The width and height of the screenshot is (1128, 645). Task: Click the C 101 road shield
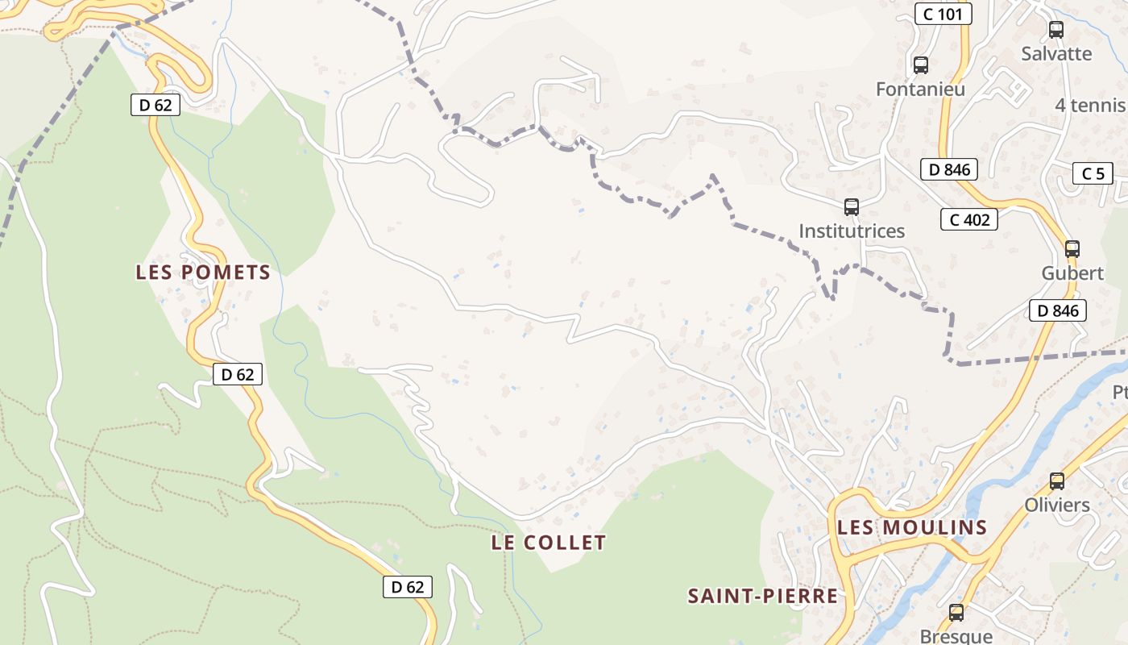click(943, 14)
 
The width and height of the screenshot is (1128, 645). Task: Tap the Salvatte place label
click(1056, 54)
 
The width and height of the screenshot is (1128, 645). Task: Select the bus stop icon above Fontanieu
click(920, 65)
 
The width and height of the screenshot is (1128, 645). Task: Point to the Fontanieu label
click(920, 89)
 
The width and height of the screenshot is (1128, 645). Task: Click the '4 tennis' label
click(1090, 106)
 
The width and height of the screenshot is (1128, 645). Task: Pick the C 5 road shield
click(1093, 173)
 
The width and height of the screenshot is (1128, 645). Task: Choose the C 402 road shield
click(969, 219)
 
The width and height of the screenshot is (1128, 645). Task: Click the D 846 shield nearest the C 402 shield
click(948, 169)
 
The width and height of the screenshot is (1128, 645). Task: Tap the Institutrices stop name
click(852, 231)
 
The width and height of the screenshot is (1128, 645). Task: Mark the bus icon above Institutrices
click(852, 206)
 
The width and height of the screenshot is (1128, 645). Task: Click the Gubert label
click(1072, 273)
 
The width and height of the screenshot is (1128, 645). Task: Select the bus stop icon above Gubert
click(1072, 249)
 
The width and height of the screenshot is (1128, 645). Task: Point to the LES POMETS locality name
click(203, 273)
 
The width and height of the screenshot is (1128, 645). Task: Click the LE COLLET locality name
click(549, 543)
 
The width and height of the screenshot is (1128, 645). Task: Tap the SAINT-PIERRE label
click(762, 597)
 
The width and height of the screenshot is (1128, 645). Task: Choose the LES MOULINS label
click(912, 528)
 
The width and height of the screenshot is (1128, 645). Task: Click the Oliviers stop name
click(1056, 506)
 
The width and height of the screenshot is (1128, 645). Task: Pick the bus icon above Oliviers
click(1056, 481)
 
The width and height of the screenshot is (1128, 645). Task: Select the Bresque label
click(956, 636)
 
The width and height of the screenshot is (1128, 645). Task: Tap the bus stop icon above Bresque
click(956, 613)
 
